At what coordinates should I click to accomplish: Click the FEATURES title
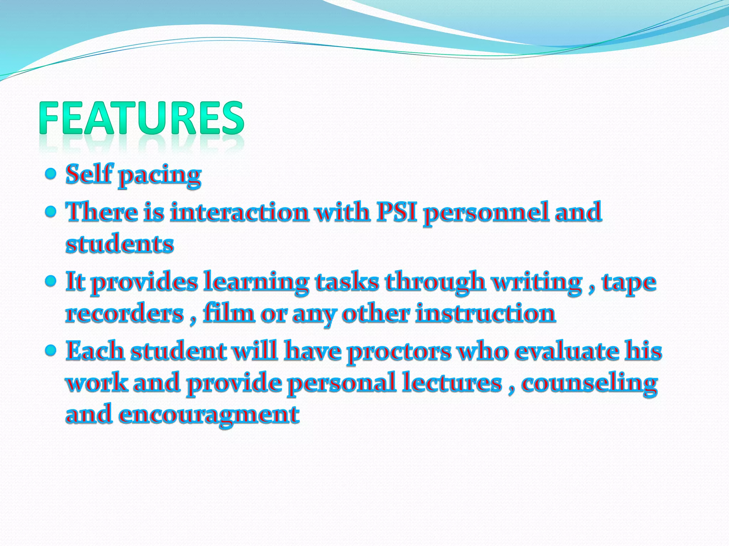point(142,118)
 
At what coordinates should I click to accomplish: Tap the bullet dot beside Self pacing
point(51,174)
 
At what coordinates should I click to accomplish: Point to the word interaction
point(240,212)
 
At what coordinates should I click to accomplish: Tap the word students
point(120,244)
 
